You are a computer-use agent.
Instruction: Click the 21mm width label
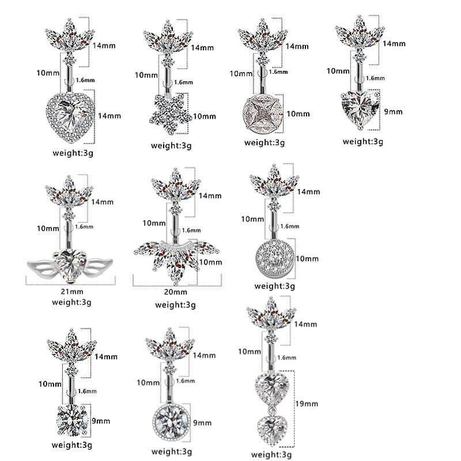(71, 292)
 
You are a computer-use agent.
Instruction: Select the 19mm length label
(308, 403)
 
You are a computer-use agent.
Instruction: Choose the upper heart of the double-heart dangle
(269, 386)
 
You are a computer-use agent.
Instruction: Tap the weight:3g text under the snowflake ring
(171, 145)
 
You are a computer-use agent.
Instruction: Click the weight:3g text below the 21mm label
(71, 301)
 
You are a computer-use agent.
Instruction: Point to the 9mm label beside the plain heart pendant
(394, 112)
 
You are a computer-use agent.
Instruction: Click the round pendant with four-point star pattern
(263, 113)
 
